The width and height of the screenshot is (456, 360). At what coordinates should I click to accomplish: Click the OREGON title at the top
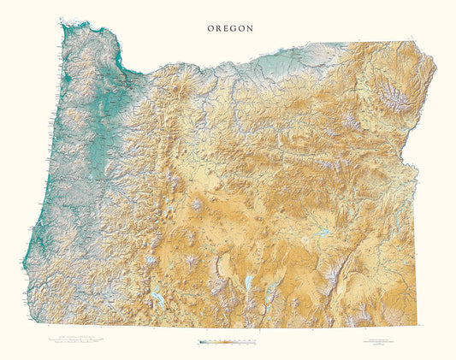230,27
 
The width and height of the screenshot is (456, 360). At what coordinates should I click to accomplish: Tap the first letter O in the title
210,27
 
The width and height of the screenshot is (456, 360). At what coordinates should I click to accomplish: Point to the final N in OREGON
250,27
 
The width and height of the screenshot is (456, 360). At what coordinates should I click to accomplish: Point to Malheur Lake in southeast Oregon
324,233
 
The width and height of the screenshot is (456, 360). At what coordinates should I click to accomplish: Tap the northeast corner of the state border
414,40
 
